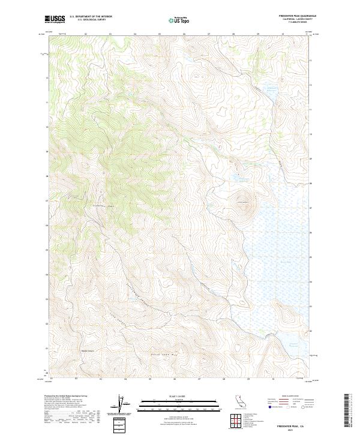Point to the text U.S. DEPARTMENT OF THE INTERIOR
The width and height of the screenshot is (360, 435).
point(91,17)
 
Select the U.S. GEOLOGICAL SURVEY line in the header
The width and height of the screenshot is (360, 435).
point(91,20)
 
